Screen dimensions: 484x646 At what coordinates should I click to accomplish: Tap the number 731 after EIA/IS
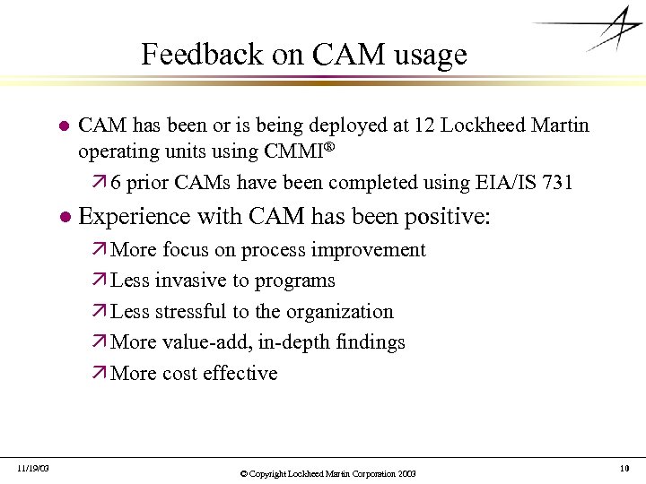pos(557,183)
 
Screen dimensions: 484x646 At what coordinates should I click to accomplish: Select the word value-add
pos(205,342)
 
